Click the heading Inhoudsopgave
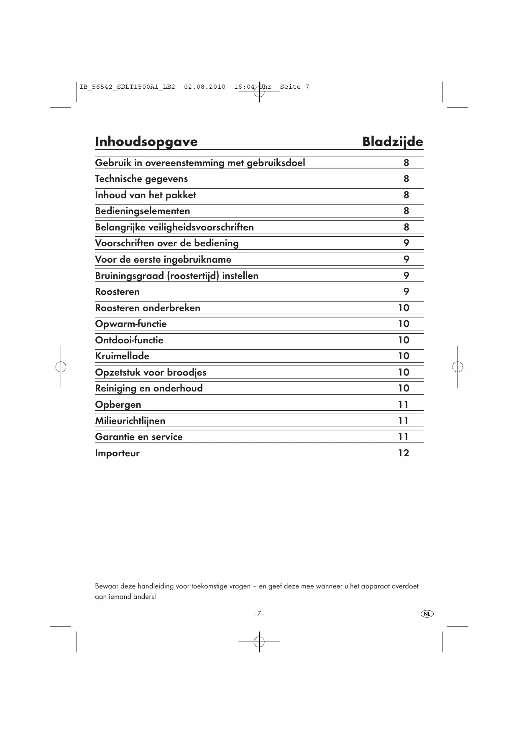click(146, 142)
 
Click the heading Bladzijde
click(392, 142)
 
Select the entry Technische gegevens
click(141, 179)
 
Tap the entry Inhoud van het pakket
click(146, 195)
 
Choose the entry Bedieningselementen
click(143, 211)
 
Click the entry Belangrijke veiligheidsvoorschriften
click(174, 228)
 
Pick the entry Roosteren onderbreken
click(148, 308)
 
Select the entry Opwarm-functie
click(131, 324)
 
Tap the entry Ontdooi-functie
click(129, 340)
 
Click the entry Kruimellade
click(122, 356)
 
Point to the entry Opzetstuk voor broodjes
click(151, 373)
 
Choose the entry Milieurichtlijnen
click(130, 421)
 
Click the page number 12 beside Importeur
click(403, 453)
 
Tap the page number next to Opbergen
click(403, 405)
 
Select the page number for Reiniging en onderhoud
click(403, 389)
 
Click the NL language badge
click(427, 614)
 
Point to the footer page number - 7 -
click(259, 614)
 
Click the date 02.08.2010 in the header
click(205, 87)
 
